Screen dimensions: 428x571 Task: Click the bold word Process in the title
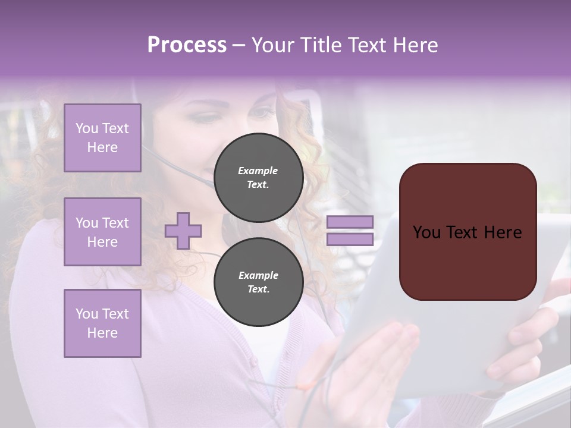(x=187, y=45)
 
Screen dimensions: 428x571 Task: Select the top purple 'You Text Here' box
(x=102, y=138)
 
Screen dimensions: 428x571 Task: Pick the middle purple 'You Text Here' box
(x=102, y=232)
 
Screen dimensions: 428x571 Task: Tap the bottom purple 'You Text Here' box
(x=102, y=323)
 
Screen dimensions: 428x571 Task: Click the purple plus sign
(x=183, y=231)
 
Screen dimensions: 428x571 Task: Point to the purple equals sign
(x=350, y=231)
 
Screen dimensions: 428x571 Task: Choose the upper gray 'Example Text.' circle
(x=258, y=178)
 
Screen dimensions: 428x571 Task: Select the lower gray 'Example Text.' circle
(x=258, y=282)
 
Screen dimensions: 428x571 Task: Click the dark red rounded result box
(x=468, y=231)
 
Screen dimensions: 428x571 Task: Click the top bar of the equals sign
(x=350, y=222)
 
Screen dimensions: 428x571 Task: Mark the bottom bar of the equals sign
(x=350, y=240)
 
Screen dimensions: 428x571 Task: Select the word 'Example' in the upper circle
(x=258, y=171)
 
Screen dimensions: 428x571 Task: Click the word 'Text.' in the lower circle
(x=258, y=289)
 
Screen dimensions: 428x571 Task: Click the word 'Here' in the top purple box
(x=102, y=147)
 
